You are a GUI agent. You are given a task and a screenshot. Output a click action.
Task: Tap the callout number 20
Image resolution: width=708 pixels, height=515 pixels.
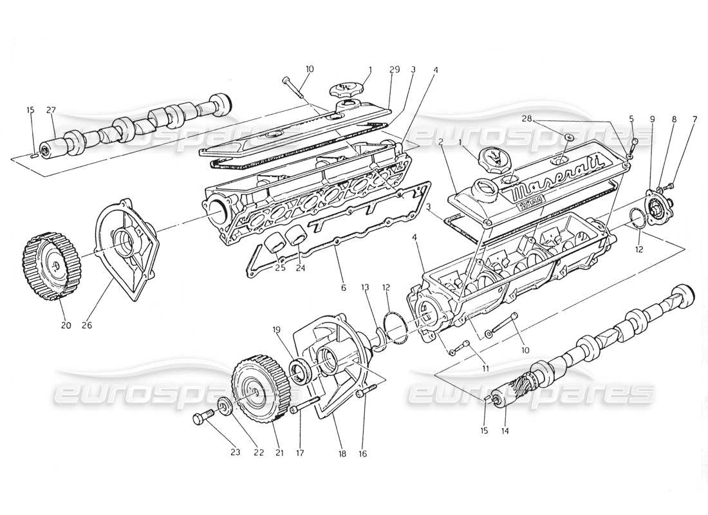click(x=66, y=325)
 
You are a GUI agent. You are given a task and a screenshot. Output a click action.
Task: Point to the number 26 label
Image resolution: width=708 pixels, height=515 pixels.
click(x=87, y=325)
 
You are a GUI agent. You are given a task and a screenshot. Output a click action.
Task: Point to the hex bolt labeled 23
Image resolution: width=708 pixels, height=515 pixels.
click(x=200, y=419)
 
